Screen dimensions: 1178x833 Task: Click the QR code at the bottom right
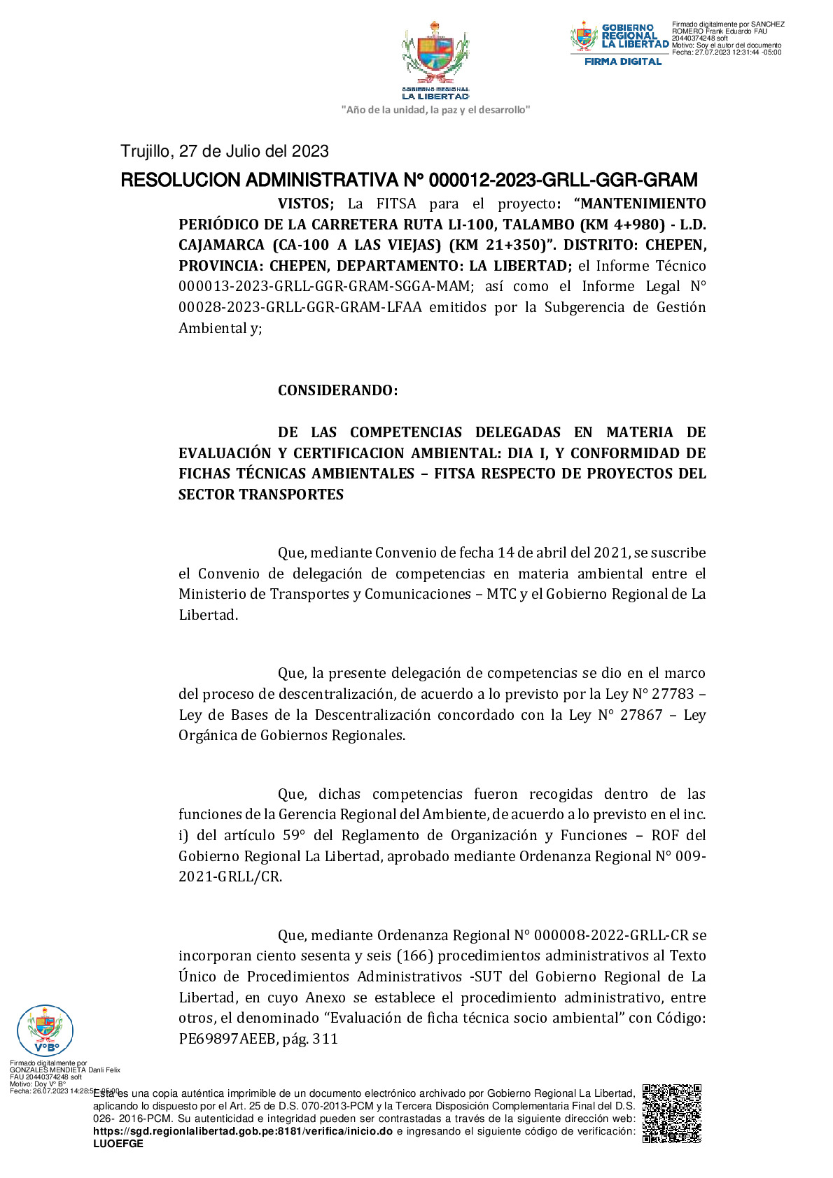671,1114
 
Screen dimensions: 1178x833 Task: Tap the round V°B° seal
45,1030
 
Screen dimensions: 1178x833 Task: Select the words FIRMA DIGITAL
623,62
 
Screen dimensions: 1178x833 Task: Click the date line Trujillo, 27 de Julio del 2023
225,151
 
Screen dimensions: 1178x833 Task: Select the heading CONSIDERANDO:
337,390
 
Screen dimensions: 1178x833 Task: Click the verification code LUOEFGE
118,1144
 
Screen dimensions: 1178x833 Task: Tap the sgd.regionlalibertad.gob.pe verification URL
243,1131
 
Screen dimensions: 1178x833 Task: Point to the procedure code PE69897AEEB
227,1039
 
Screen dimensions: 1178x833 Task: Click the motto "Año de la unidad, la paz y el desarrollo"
435,110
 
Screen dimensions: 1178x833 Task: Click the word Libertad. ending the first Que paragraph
208,615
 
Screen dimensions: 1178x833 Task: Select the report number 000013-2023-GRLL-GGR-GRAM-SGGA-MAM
326,286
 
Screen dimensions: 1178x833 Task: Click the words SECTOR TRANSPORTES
261,495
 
